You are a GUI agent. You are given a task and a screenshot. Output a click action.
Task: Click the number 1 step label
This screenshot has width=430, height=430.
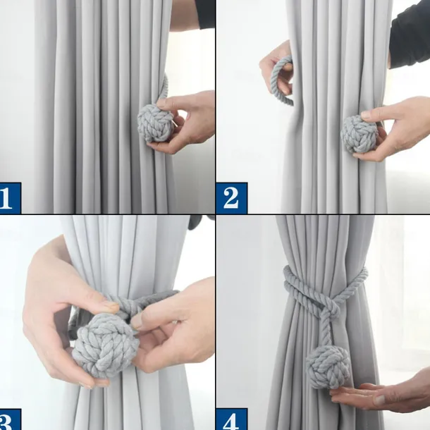[11, 197]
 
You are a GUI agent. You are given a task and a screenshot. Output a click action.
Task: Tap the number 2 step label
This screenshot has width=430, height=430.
[232, 197]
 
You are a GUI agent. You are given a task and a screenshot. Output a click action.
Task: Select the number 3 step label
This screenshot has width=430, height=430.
[11, 419]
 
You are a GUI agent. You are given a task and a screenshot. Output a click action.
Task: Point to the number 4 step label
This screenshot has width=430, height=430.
[232, 419]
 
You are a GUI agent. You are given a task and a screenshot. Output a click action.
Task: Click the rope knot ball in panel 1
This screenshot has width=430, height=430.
[156, 123]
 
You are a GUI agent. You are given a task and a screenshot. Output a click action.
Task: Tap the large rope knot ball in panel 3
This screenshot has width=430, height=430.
[105, 345]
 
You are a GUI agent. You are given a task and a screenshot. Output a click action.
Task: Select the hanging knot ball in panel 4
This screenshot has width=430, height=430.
[328, 367]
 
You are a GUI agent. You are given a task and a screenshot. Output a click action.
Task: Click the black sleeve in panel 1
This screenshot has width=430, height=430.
[204, 13]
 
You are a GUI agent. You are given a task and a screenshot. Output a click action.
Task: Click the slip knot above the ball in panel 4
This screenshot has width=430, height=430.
[331, 307]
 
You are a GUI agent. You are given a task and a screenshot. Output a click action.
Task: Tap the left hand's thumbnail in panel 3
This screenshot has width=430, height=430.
[112, 305]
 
